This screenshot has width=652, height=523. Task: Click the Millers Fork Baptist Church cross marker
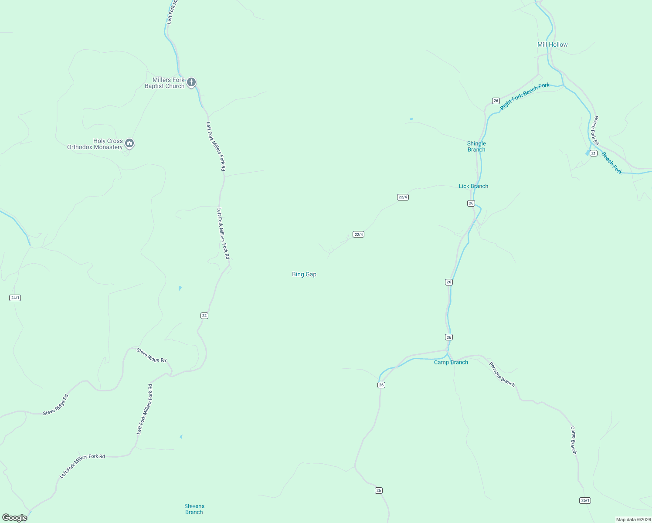click(x=191, y=82)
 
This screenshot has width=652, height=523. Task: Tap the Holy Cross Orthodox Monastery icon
click(x=129, y=143)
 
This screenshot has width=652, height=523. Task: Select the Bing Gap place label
click(x=304, y=274)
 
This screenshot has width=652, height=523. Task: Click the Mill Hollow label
click(x=552, y=44)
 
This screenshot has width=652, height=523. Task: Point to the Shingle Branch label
click(x=476, y=146)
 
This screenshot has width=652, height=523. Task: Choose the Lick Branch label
click(x=473, y=186)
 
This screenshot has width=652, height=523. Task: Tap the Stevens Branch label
click(x=194, y=509)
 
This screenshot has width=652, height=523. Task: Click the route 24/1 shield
click(x=15, y=298)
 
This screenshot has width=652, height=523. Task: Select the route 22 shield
click(x=204, y=316)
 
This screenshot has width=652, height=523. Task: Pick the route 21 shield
click(x=593, y=153)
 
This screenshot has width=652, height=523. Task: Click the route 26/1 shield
click(x=585, y=500)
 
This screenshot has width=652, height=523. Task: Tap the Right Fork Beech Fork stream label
click(x=525, y=96)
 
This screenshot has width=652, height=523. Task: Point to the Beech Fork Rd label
click(x=595, y=130)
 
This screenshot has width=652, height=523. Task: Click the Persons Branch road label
click(x=502, y=374)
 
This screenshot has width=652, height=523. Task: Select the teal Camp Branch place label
click(x=451, y=362)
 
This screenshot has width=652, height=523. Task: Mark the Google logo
click(x=14, y=518)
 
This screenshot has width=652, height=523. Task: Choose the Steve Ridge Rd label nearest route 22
click(x=151, y=355)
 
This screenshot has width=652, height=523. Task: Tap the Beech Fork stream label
click(x=612, y=163)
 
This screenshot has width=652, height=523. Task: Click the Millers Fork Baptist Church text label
click(x=165, y=83)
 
